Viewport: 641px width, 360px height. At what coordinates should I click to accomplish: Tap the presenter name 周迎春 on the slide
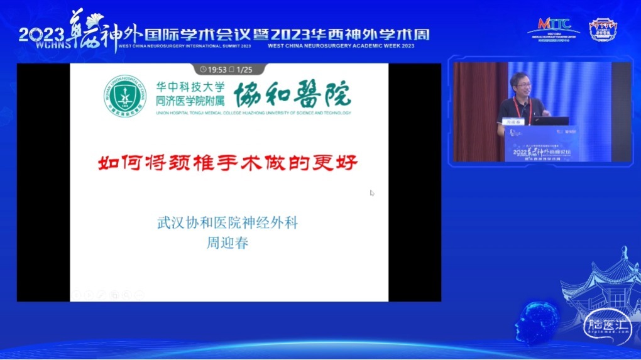[x=227, y=243]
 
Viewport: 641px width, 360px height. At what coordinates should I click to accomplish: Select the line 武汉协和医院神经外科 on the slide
[x=227, y=223]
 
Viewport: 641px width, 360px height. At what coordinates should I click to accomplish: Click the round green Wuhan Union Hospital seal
[x=127, y=97]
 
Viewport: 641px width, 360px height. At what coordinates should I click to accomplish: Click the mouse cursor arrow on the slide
[x=372, y=193]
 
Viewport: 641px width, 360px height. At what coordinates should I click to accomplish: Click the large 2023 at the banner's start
[x=41, y=33]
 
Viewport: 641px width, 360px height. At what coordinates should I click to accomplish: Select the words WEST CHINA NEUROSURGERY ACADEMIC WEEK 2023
[x=341, y=46]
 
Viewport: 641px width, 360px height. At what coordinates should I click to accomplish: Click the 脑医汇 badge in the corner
[x=598, y=325]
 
